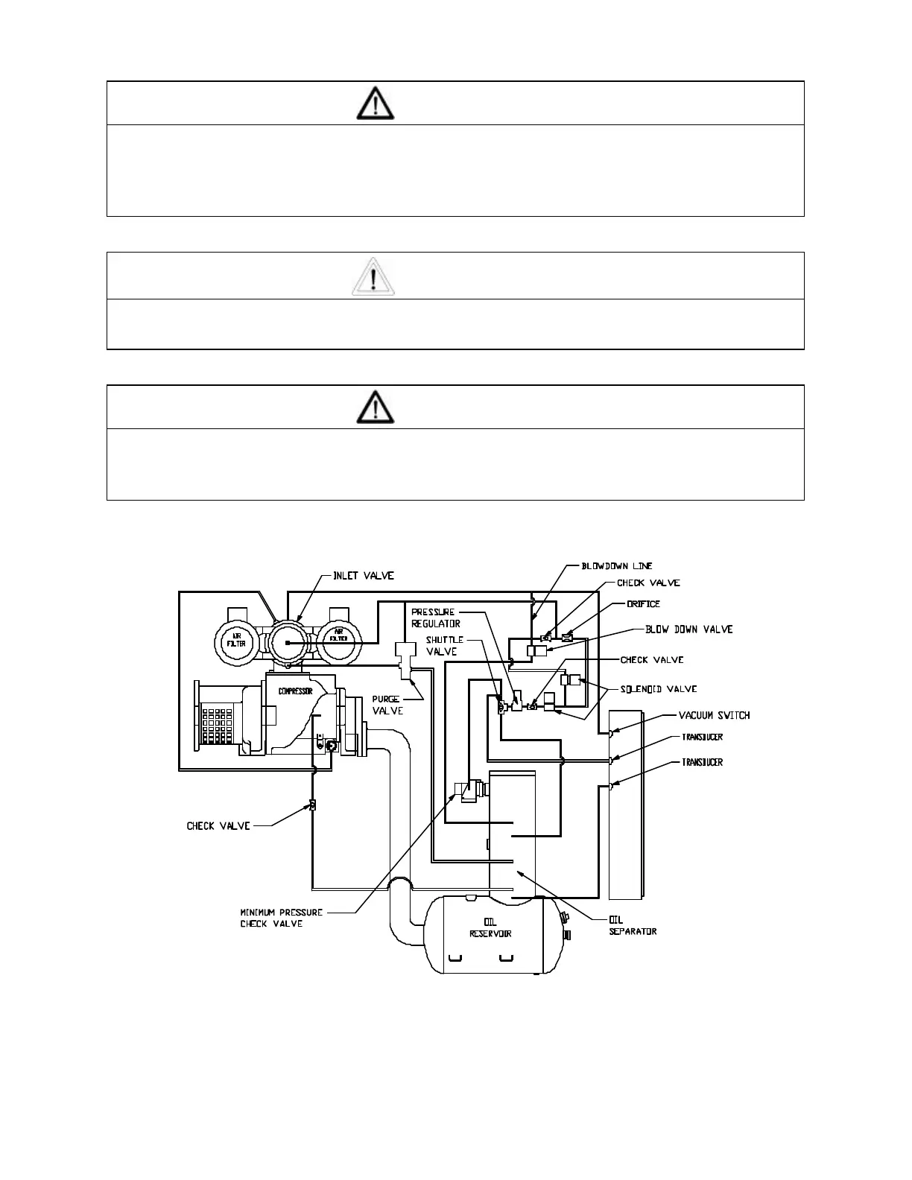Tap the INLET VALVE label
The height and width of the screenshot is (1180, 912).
pos(363,576)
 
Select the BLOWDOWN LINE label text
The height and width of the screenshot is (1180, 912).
pos(617,566)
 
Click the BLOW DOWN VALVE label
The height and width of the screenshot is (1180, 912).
pos(688,629)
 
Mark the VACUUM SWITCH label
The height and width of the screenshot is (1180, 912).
pos(714,716)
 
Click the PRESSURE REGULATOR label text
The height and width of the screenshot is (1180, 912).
pos(436,618)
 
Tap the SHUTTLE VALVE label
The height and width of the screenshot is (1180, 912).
pos(445,645)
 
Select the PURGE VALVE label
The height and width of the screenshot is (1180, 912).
pos(387,705)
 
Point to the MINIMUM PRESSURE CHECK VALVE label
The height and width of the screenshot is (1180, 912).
pos(281,918)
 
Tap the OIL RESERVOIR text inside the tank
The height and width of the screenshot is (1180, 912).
pos(490,928)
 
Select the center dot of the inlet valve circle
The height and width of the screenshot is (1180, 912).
pos(288,642)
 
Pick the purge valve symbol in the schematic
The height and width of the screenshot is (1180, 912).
pos(406,660)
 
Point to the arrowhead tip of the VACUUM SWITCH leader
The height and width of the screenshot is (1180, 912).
pos(612,734)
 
